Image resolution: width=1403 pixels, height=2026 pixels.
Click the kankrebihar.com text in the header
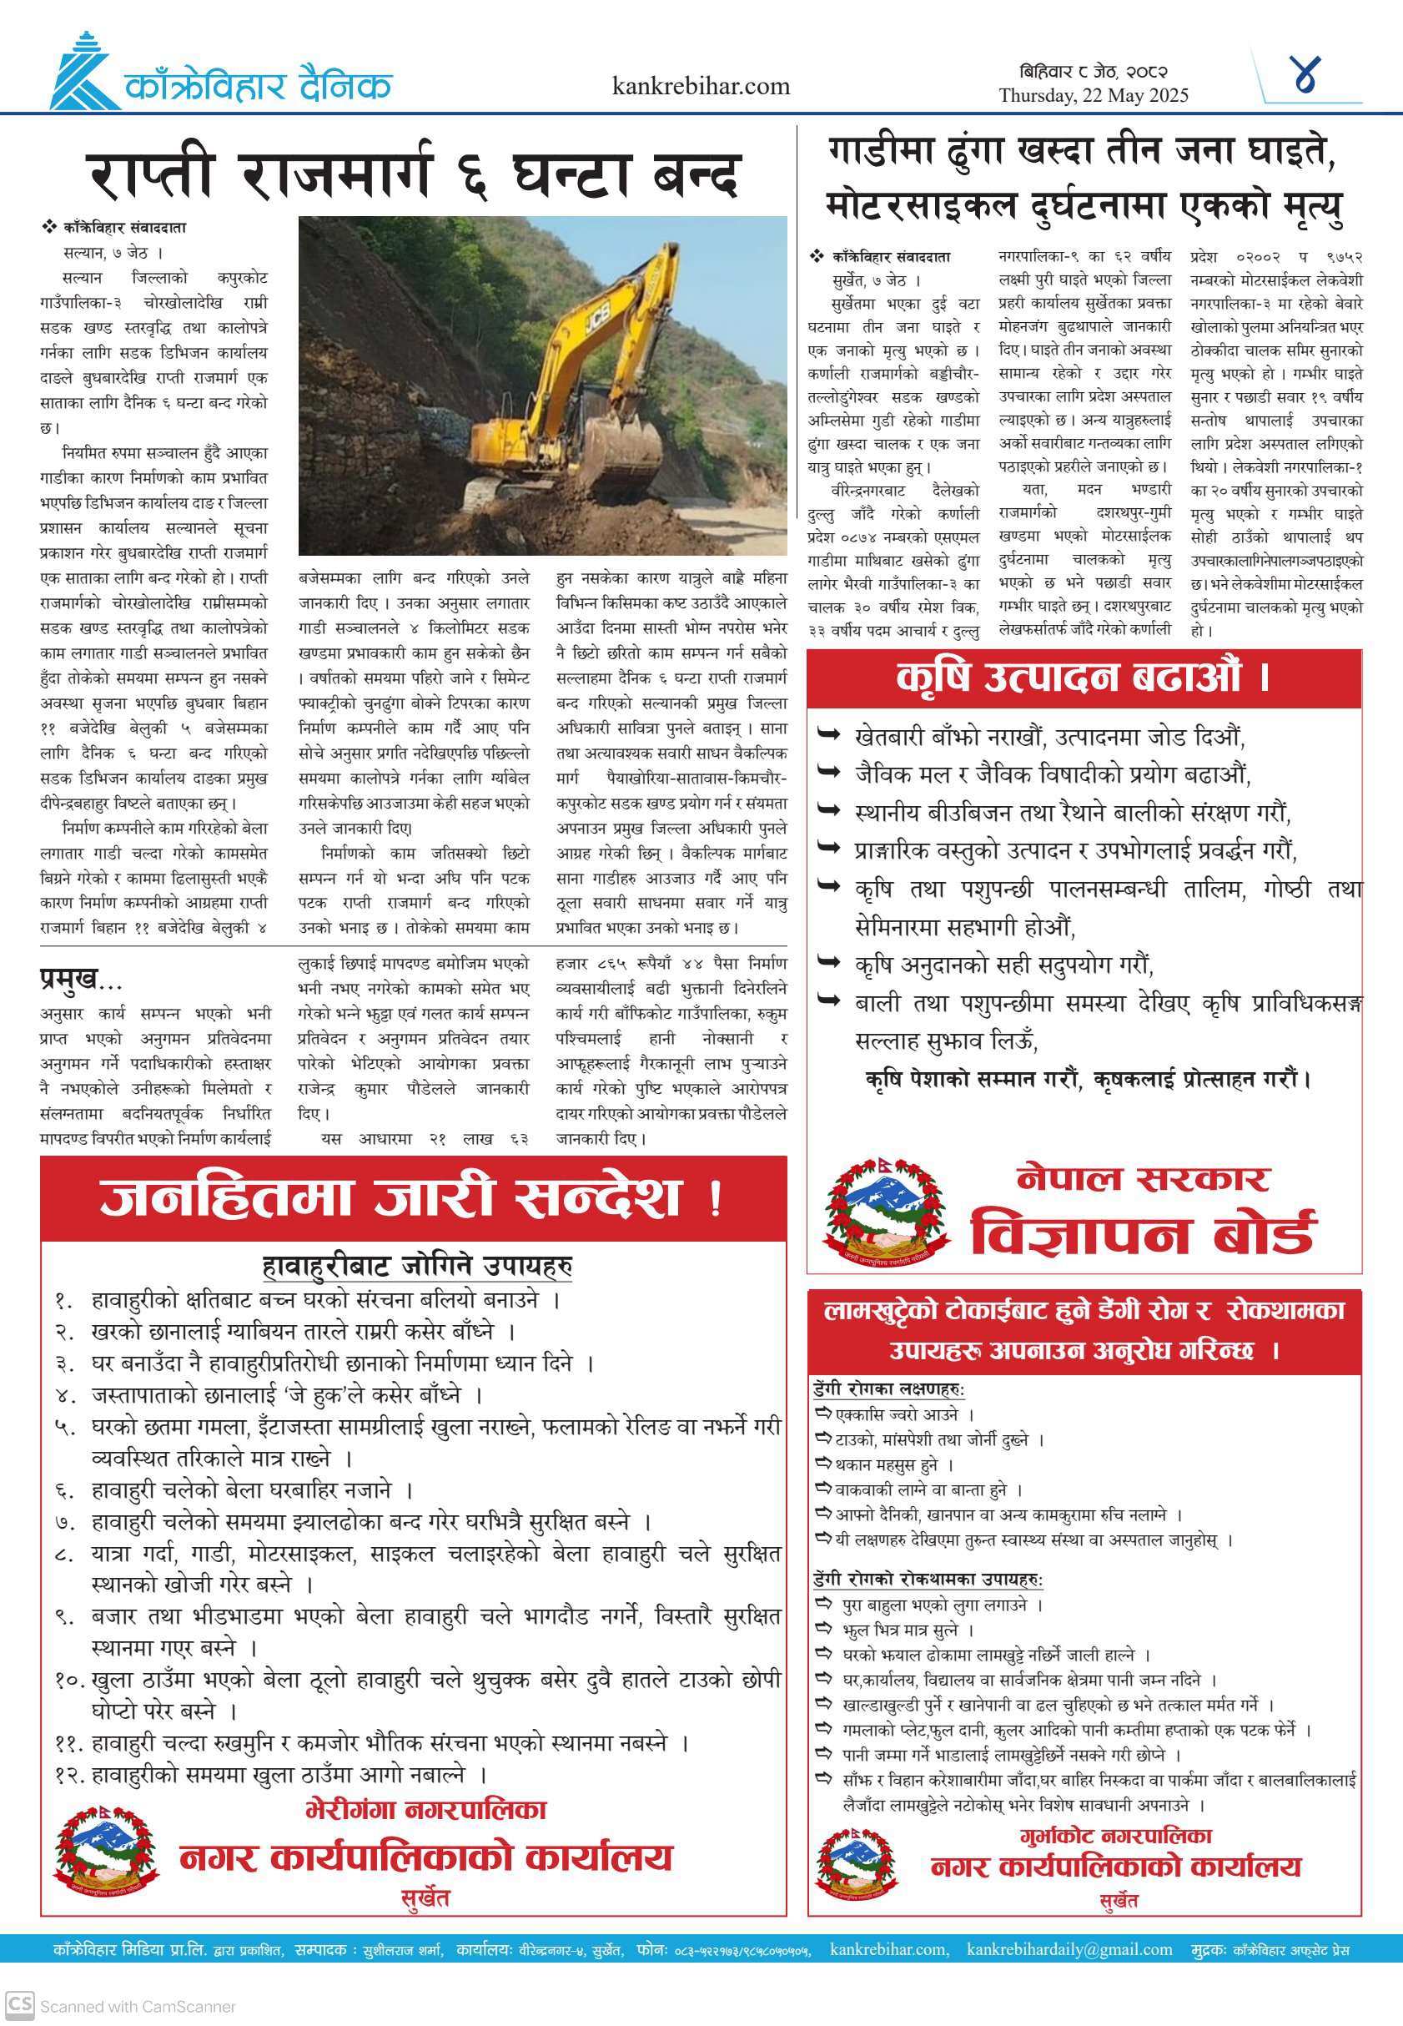(x=701, y=86)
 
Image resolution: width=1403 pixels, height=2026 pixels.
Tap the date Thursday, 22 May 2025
(x=1093, y=96)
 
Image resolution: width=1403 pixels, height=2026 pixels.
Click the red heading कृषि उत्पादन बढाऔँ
(x=1083, y=677)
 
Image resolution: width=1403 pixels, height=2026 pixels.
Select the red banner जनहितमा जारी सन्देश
(x=413, y=1197)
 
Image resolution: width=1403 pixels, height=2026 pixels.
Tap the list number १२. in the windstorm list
(x=68, y=1776)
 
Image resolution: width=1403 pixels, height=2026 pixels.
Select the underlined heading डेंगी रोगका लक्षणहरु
(x=888, y=1389)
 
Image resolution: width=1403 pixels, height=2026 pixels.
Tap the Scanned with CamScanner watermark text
(x=137, y=2006)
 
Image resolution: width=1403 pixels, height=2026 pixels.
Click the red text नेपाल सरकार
(x=1142, y=1177)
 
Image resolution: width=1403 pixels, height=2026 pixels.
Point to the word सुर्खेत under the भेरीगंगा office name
(x=425, y=1897)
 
